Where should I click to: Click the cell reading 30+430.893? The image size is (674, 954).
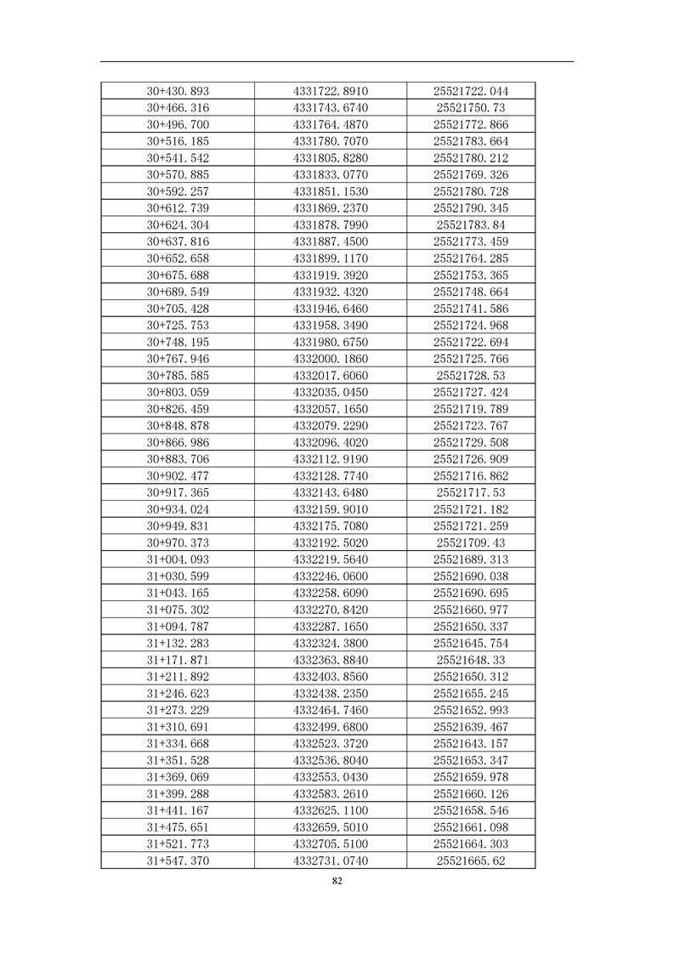coord(178,91)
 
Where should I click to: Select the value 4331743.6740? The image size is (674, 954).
coord(331,108)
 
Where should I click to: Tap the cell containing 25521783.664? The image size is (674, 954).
coord(471,141)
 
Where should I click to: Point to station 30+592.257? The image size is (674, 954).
coord(178,191)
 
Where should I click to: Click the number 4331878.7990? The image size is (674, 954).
coord(331,224)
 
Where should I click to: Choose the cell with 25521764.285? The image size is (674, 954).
coord(471,258)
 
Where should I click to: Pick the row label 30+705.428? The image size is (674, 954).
coord(178,309)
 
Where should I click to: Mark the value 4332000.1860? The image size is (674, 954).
coord(331,359)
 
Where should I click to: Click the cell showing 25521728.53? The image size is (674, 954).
coord(471,375)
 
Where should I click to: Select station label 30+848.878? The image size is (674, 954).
coord(178,425)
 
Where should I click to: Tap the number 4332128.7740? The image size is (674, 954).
coord(331,475)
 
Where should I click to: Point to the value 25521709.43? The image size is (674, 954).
coord(471,542)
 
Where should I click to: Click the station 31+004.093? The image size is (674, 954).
coord(178,559)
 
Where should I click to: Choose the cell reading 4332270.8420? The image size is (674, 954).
coord(331,610)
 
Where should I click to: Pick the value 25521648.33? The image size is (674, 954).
coord(471,660)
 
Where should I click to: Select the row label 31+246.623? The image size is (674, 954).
coord(178,693)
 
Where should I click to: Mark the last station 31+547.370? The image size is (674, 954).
coord(178,860)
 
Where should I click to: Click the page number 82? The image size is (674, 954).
coord(337,881)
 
